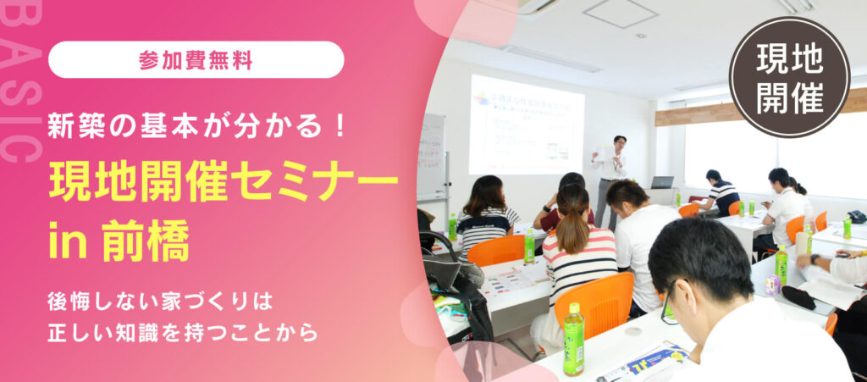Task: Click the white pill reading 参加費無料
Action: point(196,59)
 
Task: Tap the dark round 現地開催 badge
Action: point(789,77)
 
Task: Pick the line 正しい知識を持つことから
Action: point(183,332)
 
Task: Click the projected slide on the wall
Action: point(526,124)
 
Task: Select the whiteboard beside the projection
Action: point(431,157)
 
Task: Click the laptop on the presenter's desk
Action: point(662,182)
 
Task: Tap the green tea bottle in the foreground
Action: point(573,339)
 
